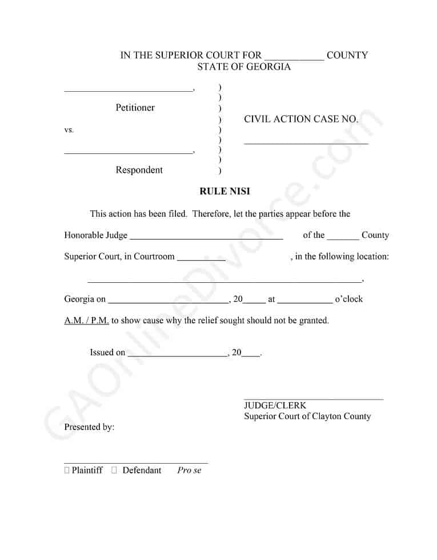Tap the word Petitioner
coord(135,108)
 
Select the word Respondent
coord(139,170)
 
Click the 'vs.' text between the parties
coord(69,130)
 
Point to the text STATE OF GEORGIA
coord(244,67)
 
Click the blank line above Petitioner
coord(129,90)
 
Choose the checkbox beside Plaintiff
coord(67,470)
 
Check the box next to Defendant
coord(114,470)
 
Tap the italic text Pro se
coord(189,470)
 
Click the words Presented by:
coord(89,427)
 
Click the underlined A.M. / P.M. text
coord(86,320)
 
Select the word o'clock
coord(348,299)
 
